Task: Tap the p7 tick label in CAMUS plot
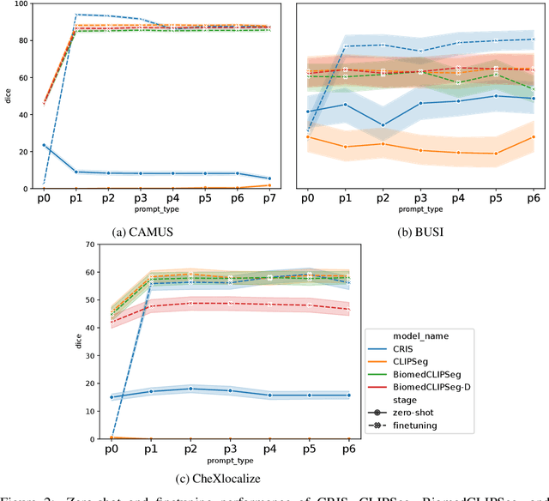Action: coord(269,198)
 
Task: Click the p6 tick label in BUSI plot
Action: coord(533,198)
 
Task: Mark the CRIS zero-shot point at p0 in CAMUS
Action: coord(43,145)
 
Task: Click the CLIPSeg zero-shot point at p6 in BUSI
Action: coord(533,136)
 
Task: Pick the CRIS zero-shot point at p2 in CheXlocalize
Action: coord(191,389)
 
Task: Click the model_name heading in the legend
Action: coord(402,335)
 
